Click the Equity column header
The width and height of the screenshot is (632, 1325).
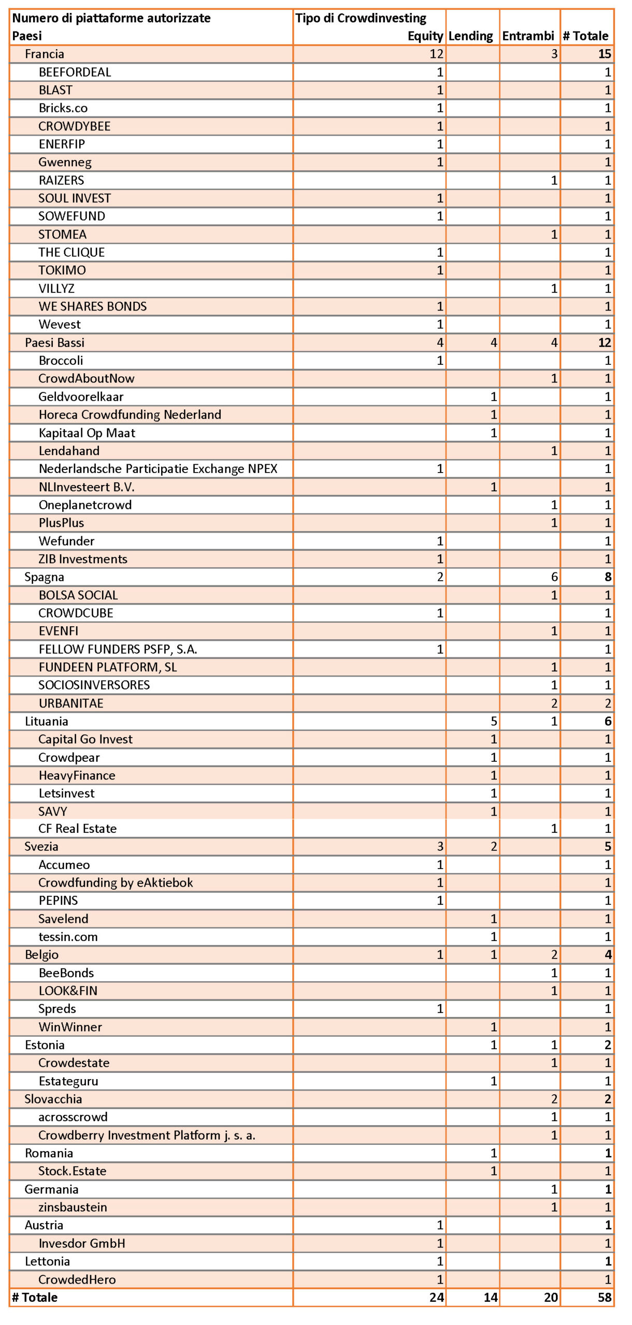pos(425,36)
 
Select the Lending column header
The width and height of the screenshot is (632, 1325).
pos(470,36)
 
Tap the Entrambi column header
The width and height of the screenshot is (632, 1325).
pos(528,36)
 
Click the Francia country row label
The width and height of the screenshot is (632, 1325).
pos(45,54)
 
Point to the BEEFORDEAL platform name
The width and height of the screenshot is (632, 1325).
pos(75,72)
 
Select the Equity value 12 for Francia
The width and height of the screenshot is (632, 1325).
pos(436,54)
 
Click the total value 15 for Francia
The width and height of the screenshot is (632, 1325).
pos(605,54)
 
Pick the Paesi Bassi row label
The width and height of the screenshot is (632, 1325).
pos(54,343)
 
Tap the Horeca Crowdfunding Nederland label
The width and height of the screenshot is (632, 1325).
pos(130,415)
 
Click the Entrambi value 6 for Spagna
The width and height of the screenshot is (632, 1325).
pos(554,577)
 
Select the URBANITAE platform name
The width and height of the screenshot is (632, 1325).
pos(71,703)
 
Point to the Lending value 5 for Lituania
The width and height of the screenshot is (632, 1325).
pos(494,722)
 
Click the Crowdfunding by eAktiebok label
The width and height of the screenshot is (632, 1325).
pos(116,882)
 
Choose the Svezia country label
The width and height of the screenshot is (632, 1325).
pos(41,847)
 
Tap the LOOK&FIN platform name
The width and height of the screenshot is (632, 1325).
pos(68,991)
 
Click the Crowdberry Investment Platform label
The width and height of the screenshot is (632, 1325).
pos(147,1136)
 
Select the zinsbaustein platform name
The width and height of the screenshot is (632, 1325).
pos(73,1208)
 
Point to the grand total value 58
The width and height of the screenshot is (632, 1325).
pos(605,1298)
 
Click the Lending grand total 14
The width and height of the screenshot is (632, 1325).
pos(491,1298)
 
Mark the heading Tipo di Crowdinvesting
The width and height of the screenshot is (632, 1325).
pos(361,18)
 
